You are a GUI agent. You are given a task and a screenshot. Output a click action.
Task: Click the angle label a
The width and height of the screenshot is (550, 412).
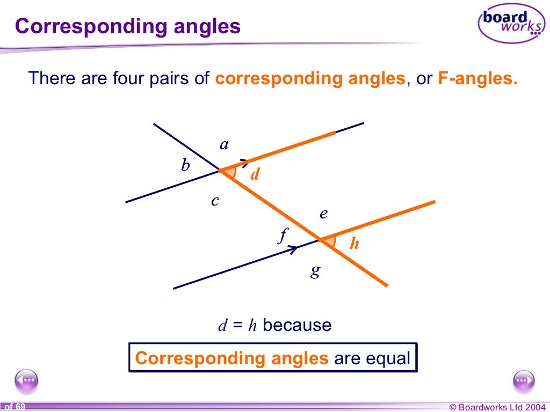(x=225, y=144)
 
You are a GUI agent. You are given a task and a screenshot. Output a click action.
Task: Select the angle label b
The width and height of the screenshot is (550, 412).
(x=185, y=165)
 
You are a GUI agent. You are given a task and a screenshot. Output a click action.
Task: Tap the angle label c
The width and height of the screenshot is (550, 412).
(x=215, y=201)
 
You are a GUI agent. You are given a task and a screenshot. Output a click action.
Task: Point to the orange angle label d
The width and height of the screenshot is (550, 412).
(x=255, y=174)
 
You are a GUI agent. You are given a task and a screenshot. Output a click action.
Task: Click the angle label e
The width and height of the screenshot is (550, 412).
(x=323, y=214)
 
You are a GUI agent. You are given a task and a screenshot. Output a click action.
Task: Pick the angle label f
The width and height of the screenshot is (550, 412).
(x=283, y=235)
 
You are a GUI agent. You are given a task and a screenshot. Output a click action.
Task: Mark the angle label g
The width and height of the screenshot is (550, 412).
(x=315, y=271)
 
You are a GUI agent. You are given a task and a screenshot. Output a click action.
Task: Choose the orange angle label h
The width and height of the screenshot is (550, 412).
(x=354, y=244)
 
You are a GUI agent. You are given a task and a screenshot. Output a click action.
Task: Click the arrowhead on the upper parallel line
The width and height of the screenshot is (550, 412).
(x=244, y=161)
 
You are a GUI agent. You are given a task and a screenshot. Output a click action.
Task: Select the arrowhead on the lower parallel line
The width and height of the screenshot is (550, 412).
(x=293, y=249)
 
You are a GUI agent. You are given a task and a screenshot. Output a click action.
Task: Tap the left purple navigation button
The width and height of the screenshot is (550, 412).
(x=26, y=381)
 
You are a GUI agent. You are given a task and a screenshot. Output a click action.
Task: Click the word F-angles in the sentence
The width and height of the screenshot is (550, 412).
(x=477, y=78)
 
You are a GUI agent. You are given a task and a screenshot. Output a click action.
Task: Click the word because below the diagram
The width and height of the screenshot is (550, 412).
(x=297, y=325)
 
